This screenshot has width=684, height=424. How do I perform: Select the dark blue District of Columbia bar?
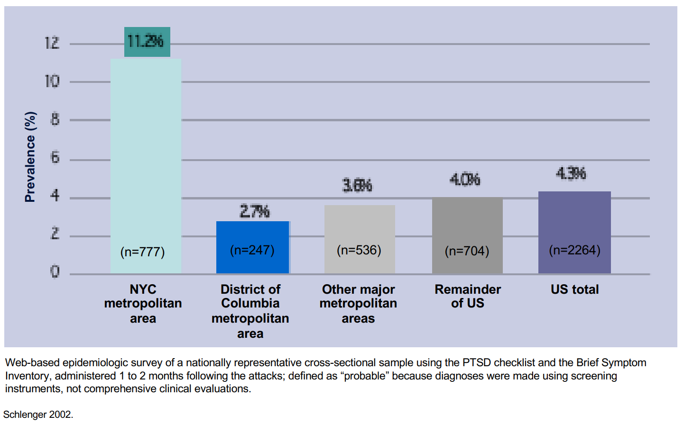point(252,232)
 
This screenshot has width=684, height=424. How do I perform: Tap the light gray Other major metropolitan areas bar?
point(360,227)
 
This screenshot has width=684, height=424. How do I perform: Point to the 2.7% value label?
point(255,211)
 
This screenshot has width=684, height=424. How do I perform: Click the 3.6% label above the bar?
point(357,185)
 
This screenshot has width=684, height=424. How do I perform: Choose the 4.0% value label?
point(465,180)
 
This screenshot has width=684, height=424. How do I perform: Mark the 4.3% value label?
point(571,173)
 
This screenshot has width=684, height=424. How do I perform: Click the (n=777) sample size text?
point(143,252)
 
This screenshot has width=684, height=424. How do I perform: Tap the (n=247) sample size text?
point(252,250)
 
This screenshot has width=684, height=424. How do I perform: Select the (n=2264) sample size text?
point(574,250)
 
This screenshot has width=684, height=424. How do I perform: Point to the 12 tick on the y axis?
point(52,43)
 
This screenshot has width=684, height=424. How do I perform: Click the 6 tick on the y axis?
point(55,157)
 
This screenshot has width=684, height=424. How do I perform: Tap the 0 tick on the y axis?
point(55,271)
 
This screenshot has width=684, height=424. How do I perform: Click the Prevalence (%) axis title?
point(30,157)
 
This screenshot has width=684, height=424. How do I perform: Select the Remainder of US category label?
point(468,296)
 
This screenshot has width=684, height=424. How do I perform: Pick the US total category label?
point(574,289)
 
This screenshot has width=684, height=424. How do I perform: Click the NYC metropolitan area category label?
point(143,303)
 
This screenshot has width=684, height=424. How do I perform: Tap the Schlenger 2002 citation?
point(38,415)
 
